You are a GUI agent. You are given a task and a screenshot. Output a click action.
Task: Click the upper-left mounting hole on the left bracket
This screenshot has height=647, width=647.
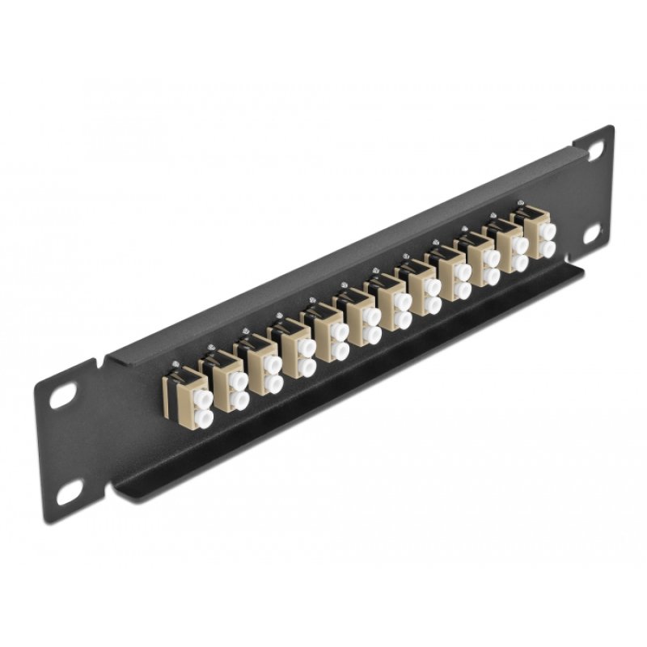pyautogui.click(x=63, y=397)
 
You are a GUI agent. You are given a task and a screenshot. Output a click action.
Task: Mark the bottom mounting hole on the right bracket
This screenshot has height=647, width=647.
pyautogui.click(x=590, y=232)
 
